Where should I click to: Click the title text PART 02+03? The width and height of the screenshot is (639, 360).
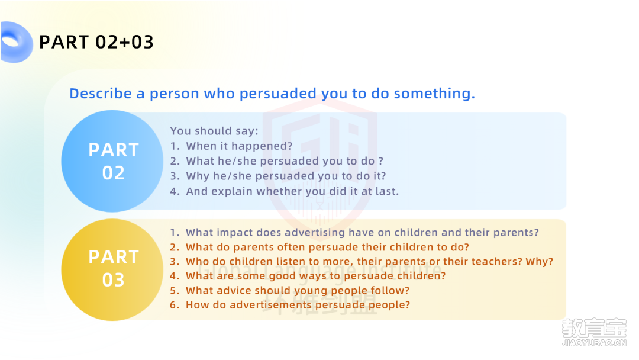(x=96, y=42)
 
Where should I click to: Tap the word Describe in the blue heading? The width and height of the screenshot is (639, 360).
(x=101, y=94)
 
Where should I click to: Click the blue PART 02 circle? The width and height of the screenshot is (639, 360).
(x=112, y=161)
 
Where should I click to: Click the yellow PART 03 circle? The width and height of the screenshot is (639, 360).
(x=112, y=269)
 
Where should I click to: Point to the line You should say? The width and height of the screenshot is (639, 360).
(x=214, y=131)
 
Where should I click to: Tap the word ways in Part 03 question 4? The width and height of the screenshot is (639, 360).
(x=313, y=276)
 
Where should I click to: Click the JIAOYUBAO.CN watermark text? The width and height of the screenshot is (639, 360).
(x=594, y=343)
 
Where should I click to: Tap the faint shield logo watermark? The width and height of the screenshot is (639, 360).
(x=319, y=163)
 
